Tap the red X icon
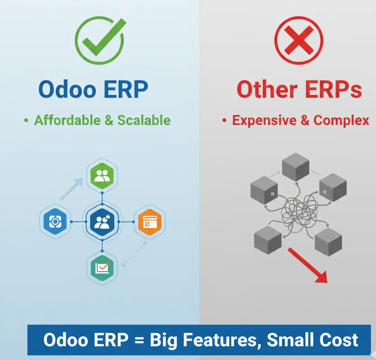[x=298, y=40]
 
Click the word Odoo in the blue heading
[x=67, y=89]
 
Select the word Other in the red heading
[x=267, y=89]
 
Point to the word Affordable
[x=67, y=120]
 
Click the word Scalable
[x=144, y=120]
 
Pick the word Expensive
[x=265, y=120]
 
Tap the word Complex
[x=341, y=120]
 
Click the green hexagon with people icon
[x=102, y=176]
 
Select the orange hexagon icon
[x=150, y=222]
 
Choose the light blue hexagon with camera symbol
[x=55, y=221]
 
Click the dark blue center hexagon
[x=102, y=222]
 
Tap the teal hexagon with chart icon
[x=102, y=268]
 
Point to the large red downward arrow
[x=307, y=265]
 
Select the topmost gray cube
[x=295, y=167]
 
